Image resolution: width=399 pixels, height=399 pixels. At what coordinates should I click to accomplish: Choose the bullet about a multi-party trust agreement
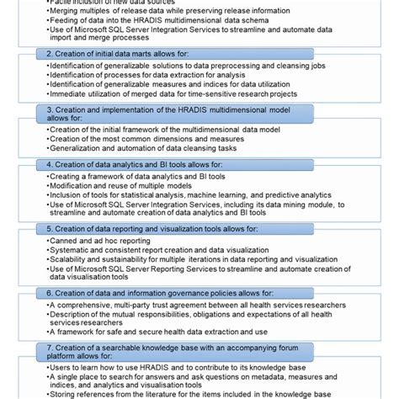(185, 304)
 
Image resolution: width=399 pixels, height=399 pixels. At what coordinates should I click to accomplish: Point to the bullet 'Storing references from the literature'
(210, 393)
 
